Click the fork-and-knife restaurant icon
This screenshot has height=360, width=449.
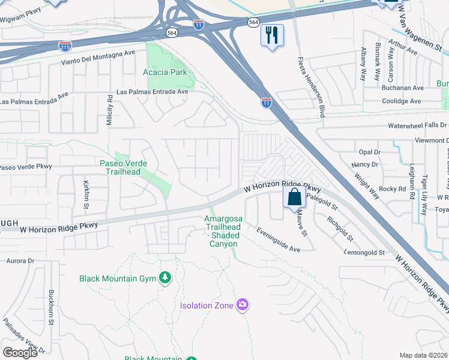[272, 35]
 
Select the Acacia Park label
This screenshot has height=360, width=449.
[165, 72]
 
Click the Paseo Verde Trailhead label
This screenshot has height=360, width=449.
[120, 167]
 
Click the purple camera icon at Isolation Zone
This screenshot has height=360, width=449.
[243, 305]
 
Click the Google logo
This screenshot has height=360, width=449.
[20, 352]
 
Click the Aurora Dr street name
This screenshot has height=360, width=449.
[21, 261]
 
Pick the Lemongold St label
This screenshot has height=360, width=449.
[364, 253]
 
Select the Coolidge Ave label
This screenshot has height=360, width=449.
[403, 101]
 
